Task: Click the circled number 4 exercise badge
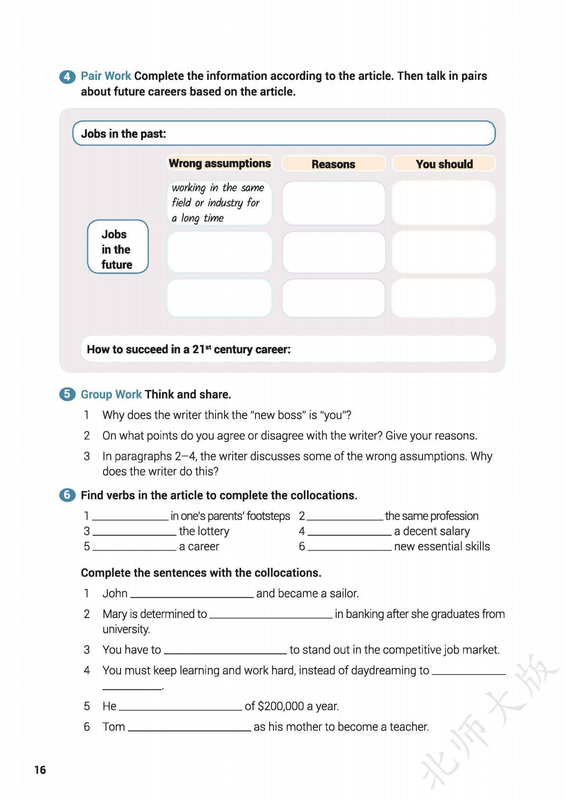tap(67, 76)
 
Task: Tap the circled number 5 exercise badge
tap(67, 394)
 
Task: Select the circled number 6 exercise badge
tap(67, 495)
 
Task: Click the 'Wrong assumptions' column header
tap(219, 163)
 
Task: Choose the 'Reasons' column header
tap(333, 164)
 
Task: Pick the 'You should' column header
tap(444, 164)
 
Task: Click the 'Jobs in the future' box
tap(118, 247)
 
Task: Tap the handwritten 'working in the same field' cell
tap(219, 203)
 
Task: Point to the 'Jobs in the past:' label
tap(123, 133)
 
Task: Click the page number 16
tap(40, 770)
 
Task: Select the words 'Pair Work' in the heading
tap(106, 76)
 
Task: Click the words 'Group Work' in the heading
tap(111, 394)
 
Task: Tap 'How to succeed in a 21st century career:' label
tap(188, 350)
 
